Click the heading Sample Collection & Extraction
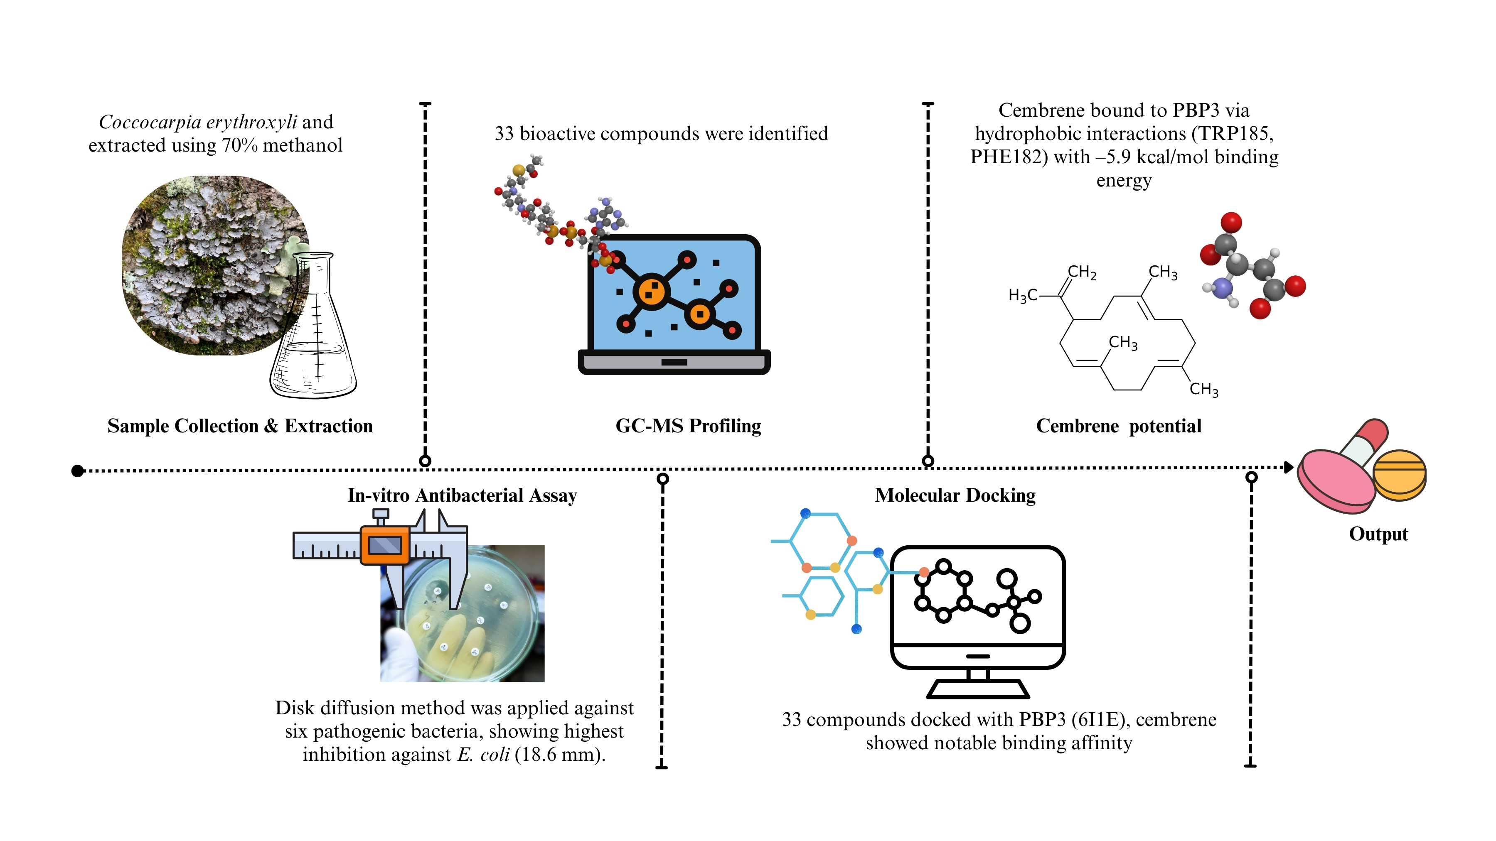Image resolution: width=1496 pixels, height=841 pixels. click(x=240, y=426)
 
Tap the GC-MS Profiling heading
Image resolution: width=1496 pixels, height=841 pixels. click(x=688, y=426)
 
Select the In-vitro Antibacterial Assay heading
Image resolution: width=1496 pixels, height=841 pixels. click(x=462, y=495)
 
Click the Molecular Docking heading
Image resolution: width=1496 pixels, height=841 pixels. click(x=955, y=495)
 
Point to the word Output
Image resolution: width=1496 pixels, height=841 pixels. click(x=1378, y=534)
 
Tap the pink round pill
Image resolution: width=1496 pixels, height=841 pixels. click(x=1336, y=482)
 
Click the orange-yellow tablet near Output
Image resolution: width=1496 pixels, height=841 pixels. click(x=1400, y=474)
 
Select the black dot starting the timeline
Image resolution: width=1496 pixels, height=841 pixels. click(x=77, y=471)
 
